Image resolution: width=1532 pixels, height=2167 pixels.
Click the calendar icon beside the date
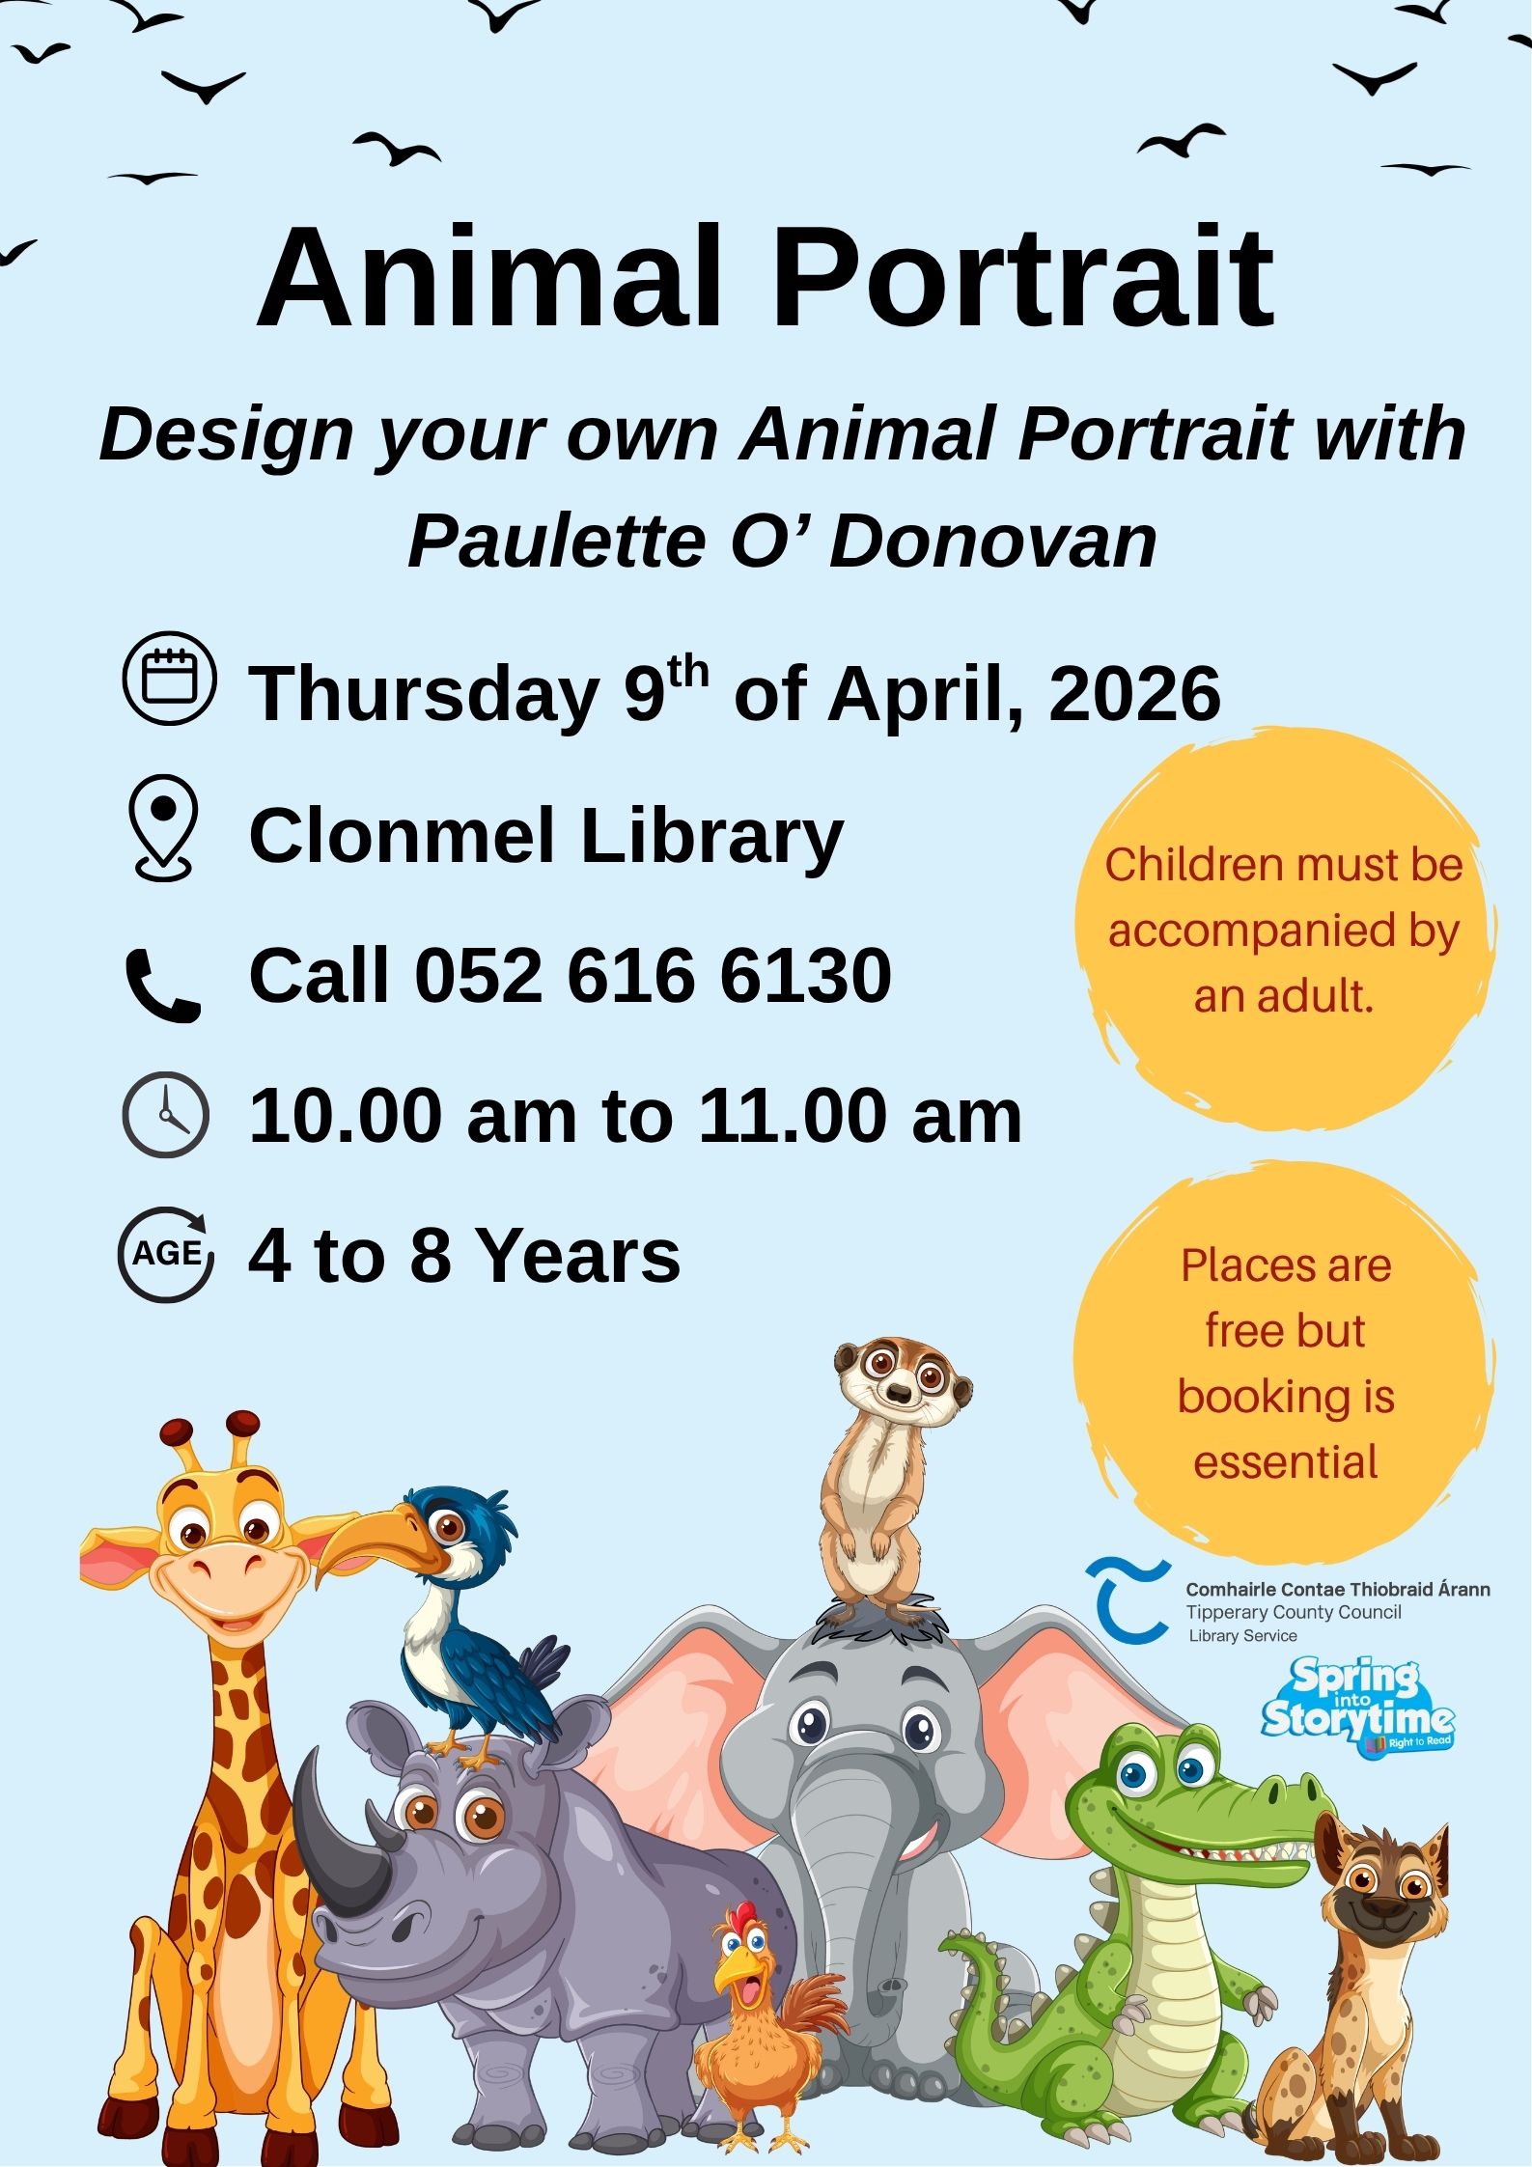[x=170, y=678]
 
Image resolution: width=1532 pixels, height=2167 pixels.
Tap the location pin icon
[x=164, y=828]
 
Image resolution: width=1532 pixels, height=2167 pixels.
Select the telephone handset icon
[x=163, y=985]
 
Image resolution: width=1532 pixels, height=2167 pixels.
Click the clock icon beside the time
[x=166, y=1114]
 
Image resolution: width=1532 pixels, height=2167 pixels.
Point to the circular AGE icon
[x=166, y=1254]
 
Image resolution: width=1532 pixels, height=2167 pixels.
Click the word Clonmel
[x=404, y=836]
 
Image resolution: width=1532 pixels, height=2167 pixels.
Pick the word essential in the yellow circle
[x=1285, y=1461]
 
